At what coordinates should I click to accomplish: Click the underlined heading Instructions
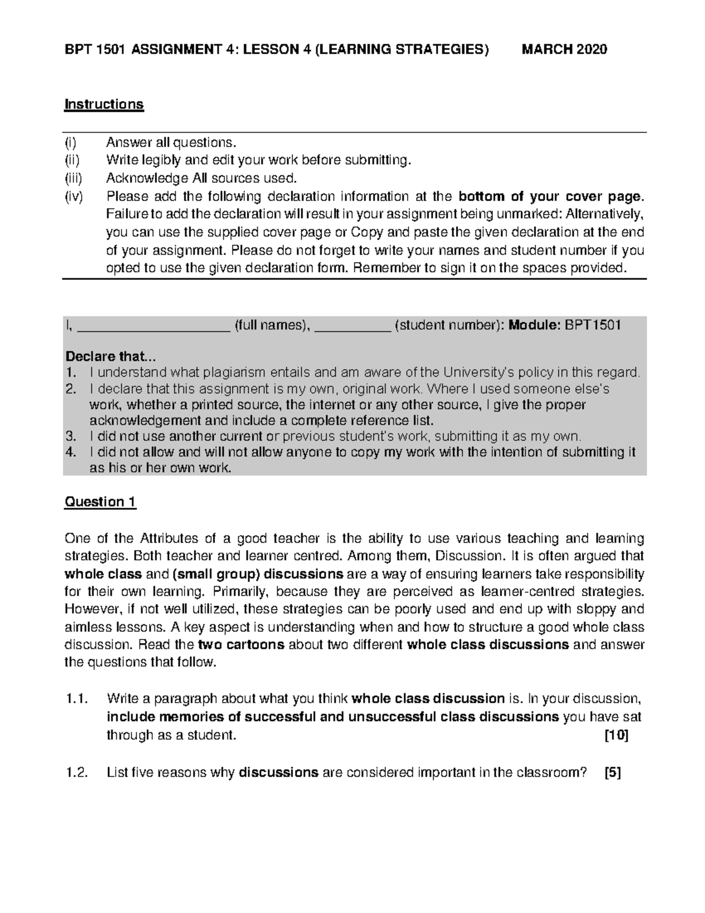[104, 104]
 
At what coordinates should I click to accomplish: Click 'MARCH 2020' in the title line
[565, 49]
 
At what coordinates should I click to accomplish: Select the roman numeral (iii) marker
[75, 178]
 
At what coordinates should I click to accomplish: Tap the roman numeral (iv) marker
[75, 196]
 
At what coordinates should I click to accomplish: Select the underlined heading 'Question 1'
[100, 501]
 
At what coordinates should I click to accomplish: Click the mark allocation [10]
[616, 735]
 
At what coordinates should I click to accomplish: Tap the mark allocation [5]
[613, 772]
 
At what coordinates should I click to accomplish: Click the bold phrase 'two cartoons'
[241, 644]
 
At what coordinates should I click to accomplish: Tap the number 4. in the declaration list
[71, 452]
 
